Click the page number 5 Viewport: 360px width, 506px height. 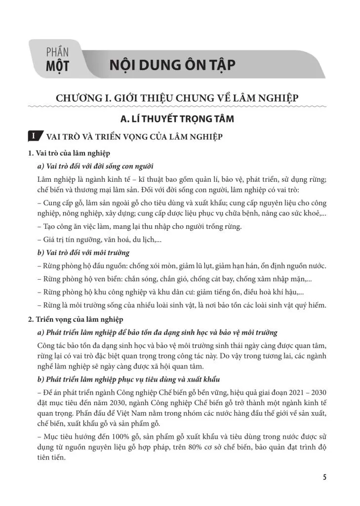coord(324,477)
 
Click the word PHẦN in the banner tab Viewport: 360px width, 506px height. coord(57,51)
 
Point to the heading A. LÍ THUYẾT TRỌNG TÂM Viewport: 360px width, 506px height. coord(177,119)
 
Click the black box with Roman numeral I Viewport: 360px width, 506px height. coord(34,136)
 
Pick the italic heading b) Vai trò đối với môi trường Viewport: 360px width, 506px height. coord(83,253)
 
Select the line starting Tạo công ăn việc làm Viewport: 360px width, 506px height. coord(140,227)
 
